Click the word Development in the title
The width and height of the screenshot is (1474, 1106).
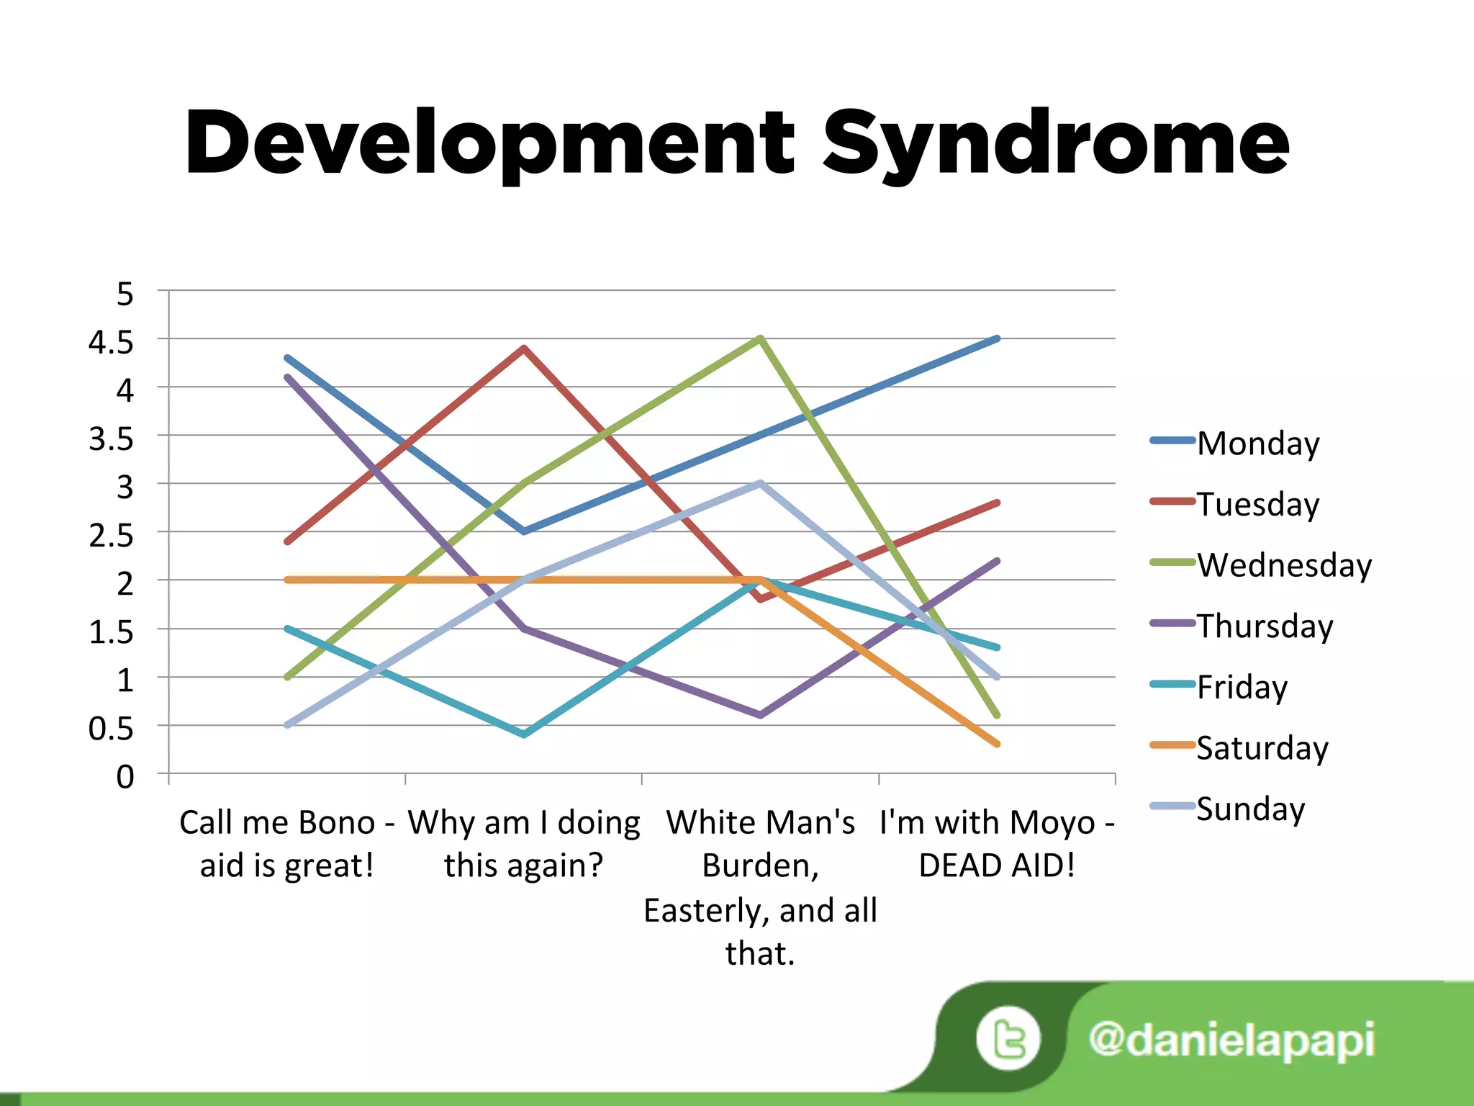click(489, 144)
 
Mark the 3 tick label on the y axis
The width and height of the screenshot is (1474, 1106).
click(125, 488)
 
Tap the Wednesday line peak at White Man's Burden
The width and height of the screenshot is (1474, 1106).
click(760, 338)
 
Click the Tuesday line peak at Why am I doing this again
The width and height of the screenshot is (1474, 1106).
click(524, 348)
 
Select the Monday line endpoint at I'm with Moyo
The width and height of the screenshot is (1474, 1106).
click(997, 338)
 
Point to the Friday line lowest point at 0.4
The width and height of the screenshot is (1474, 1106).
click(524, 734)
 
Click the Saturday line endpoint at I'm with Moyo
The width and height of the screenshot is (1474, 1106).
click(997, 744)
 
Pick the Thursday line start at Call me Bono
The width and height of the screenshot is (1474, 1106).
click(288, 377)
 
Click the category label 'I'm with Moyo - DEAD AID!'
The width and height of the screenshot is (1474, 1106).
click(997, 843)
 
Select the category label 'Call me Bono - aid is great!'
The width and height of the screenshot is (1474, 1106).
click(287, 843)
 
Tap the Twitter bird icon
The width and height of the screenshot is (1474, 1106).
click(1008, 1039)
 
